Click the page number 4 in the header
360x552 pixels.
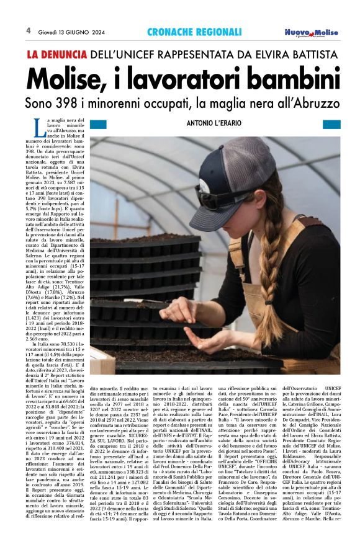(x=28, y=30)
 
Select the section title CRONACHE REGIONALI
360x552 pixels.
(x=194, y=31)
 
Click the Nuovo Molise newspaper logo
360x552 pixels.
(x=312, y=32)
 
